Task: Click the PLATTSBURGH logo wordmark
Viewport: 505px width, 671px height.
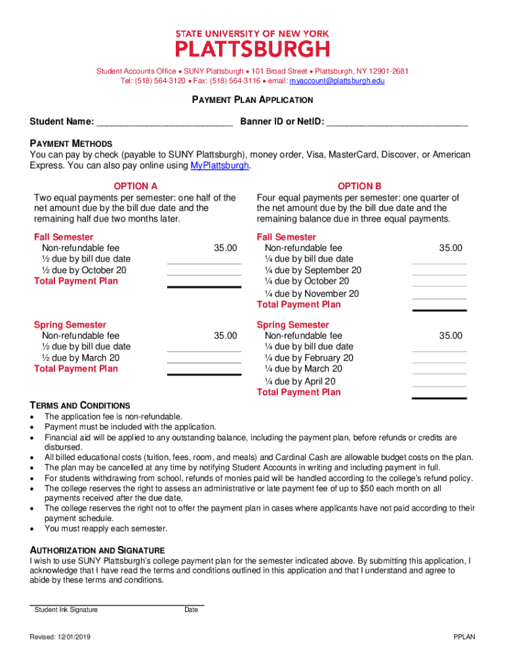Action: pyautogui.click(x=253, y=48)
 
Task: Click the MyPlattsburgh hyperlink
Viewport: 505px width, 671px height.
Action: pyautogui.click(x=220, y=166)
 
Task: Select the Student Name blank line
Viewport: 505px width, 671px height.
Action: pyautogui.click(x=164, y=121)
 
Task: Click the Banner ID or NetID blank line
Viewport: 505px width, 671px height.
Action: pyautogui.click(x=397, y=121)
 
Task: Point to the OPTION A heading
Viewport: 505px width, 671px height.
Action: pyautogui.click(x=135, y=186)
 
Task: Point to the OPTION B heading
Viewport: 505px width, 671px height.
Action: pyautogui.click(x=359, y=186)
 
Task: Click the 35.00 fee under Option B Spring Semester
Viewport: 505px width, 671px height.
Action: pyautogui.click(x=451, y=335)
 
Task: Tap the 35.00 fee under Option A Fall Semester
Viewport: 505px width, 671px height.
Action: pyautogui.click(x=225, y=248)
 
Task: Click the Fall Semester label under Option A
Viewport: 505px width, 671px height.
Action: pyautogui.click(x=64, y=237)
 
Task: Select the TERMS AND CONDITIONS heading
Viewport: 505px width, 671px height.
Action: pyautogui.click(x=80, y=406)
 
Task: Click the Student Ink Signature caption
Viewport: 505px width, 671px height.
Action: pyautogui.click(x=66, y=610)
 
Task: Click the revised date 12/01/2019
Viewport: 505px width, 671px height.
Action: pyautogui.click(x=73, y=637)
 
